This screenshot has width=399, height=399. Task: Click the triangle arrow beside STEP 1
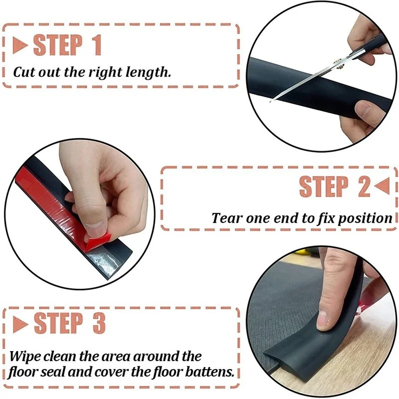tap(19, 45)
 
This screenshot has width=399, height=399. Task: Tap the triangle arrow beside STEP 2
tap(382, 186)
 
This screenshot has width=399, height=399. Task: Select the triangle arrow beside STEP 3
tap(20, 324)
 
